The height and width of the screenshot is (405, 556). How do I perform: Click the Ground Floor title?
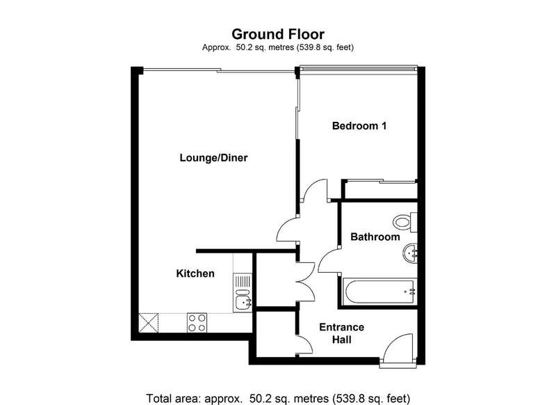point(277,34)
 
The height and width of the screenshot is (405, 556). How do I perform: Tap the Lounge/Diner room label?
point(213,157)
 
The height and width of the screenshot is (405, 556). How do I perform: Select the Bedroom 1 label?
point(359,126)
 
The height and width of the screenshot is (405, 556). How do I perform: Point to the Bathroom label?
point(375,237)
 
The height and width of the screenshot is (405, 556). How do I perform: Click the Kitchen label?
point(195,273)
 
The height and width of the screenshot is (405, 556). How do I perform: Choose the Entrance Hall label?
point(341,333)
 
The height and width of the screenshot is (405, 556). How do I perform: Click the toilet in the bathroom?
point(405,223)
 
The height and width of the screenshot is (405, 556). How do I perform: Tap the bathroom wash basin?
point(410,254)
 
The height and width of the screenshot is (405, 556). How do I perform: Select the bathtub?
point(379,292)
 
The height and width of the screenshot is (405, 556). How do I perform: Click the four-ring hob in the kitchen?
point(197,323)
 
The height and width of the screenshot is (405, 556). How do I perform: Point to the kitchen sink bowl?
point(243,303)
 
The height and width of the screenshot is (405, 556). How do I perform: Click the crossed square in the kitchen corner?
point(148,323)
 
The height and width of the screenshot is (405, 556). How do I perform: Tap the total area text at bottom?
point(278,398)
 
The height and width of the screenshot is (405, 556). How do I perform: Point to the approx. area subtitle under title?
point(277,47)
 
